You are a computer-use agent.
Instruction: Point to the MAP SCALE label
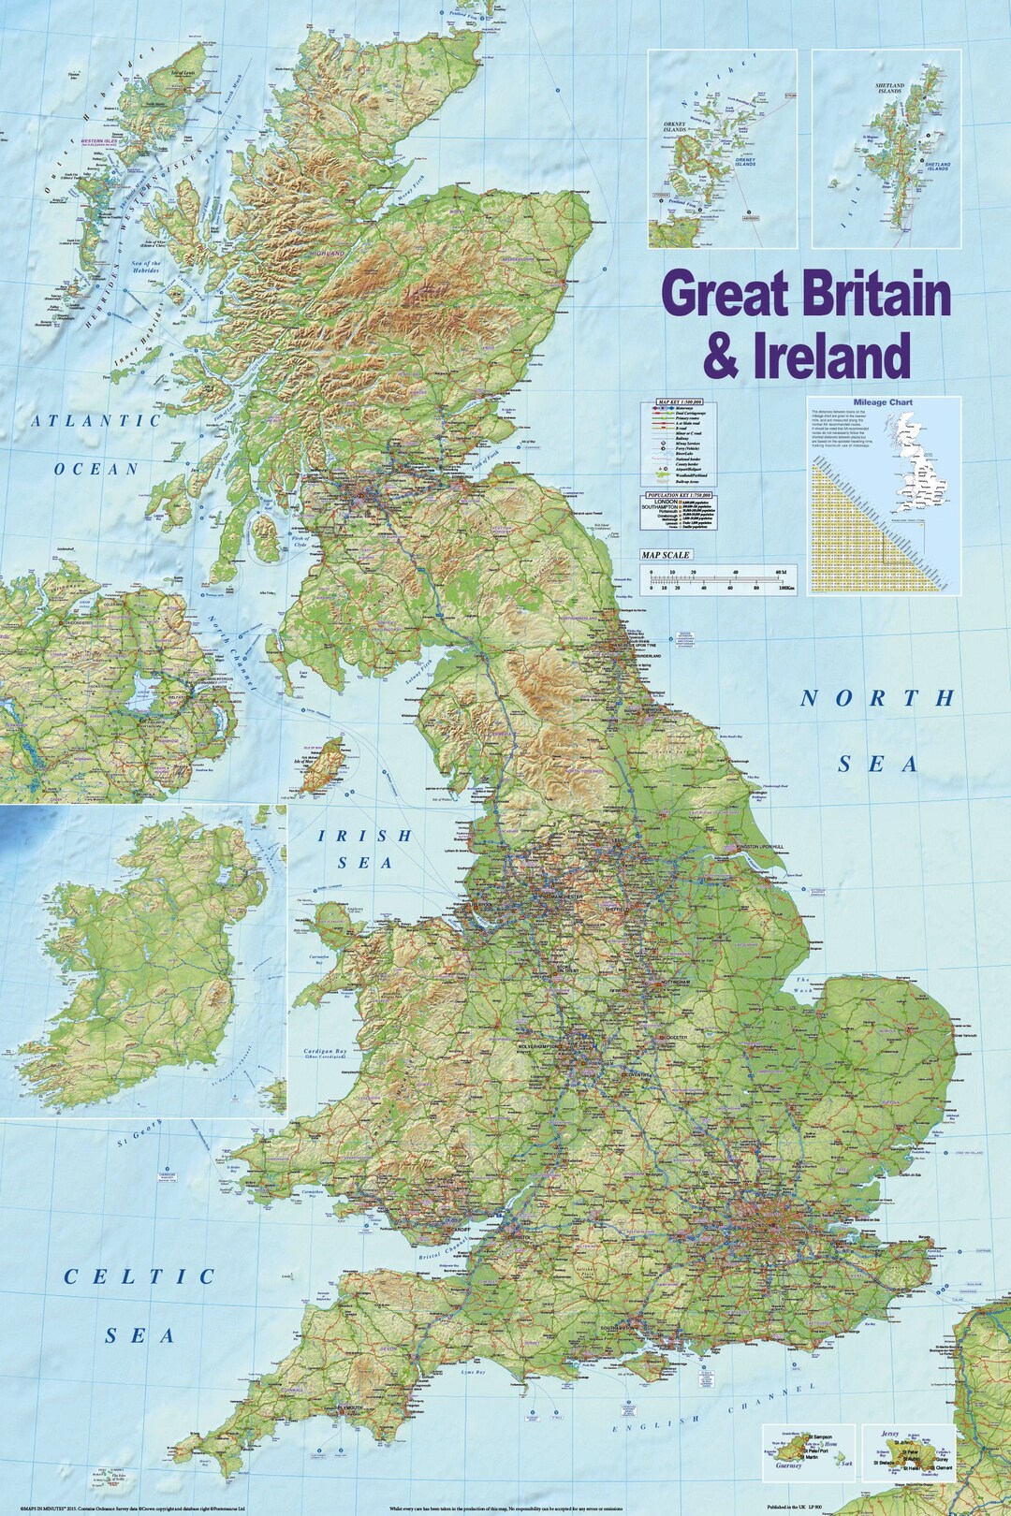665,555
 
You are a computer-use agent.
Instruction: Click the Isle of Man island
325,764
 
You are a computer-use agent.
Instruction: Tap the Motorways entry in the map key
687,409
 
